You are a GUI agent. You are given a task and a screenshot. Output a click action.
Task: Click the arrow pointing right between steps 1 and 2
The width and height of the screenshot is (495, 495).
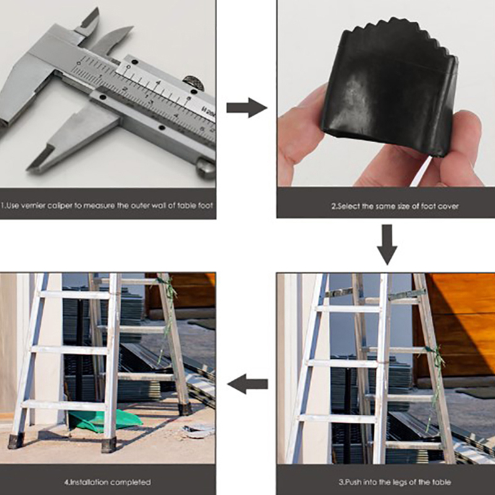click(x=246, y=108)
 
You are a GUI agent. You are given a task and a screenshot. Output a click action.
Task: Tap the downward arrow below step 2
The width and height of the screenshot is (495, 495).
click(x=387, y=244)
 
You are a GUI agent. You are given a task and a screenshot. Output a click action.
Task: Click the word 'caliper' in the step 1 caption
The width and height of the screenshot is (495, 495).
click(x=62, y=206)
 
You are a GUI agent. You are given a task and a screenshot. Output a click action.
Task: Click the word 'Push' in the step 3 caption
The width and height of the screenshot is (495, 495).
click(x=353, y=483)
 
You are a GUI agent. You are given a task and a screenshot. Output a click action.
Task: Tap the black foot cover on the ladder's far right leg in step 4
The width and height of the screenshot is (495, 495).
click(x=185, y=409)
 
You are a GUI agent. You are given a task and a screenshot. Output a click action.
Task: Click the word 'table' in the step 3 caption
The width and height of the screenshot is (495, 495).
click(x=443, y=483)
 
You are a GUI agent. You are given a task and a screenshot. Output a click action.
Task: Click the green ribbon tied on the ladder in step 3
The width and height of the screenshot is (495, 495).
click(x=435, y=372)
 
